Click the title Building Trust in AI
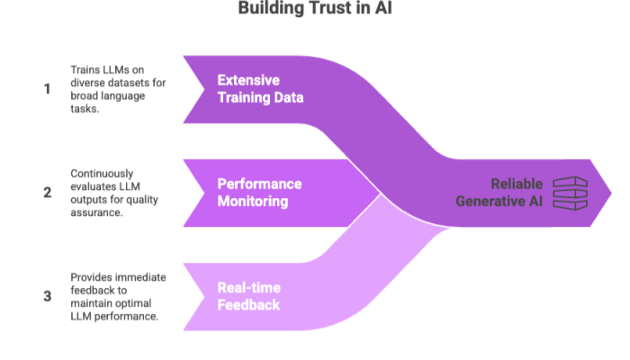315,9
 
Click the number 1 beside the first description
47,89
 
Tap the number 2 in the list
47,192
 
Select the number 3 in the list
47,295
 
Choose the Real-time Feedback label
248,296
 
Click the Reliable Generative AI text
499,192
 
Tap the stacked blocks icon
570,192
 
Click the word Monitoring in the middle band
253,202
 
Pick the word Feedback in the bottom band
248,305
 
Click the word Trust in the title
322,9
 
